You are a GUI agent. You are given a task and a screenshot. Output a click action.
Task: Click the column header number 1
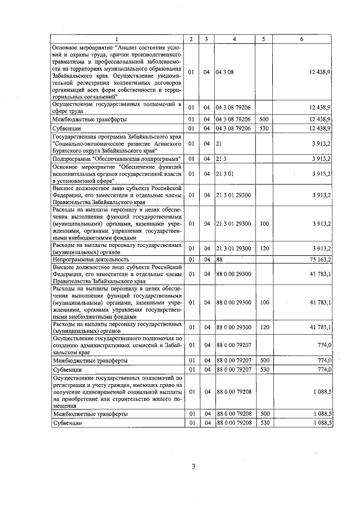pyautogui.click(x=117, y=39)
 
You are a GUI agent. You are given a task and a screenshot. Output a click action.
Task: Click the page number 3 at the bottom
pyautogui.click(x=193, y=466)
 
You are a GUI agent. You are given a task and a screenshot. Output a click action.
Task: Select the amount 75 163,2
pyautogui.click(x=319, y=259)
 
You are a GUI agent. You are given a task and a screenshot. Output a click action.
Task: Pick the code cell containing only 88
pyautogui.click(x=219, y=259)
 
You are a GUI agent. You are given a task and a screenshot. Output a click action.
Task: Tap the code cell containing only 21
pyautogui.click(x=219, y=144)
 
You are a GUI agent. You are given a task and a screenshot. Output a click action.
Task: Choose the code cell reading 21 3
pyautogui.click(x=221, y=159)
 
